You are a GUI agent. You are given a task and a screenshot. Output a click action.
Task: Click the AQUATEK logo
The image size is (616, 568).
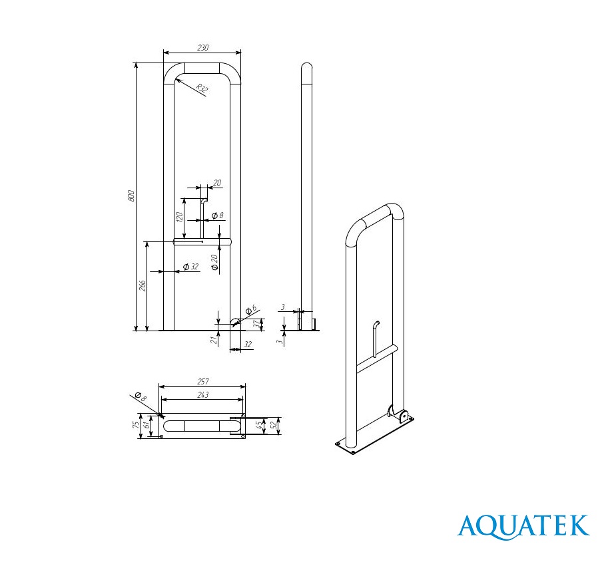[523, 526]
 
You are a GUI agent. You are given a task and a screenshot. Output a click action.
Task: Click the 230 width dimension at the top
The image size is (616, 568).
[202, 48]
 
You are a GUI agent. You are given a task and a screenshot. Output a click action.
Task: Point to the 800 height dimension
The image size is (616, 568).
[132, 196]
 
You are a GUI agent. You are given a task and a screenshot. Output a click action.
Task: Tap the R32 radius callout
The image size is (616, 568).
[202, 89]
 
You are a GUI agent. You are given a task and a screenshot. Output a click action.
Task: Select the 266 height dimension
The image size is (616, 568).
[143, 285]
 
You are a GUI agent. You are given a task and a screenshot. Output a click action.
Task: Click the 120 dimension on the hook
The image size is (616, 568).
[179, 217]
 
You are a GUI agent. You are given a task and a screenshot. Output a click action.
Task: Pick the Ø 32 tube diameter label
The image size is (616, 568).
[191, 267]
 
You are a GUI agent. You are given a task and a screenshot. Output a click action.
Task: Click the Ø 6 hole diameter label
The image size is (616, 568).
[250, 309]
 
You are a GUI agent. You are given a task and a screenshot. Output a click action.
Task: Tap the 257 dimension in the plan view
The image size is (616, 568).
[202, 381]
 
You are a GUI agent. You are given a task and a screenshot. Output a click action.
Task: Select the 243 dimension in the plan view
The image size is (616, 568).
[202, 394]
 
